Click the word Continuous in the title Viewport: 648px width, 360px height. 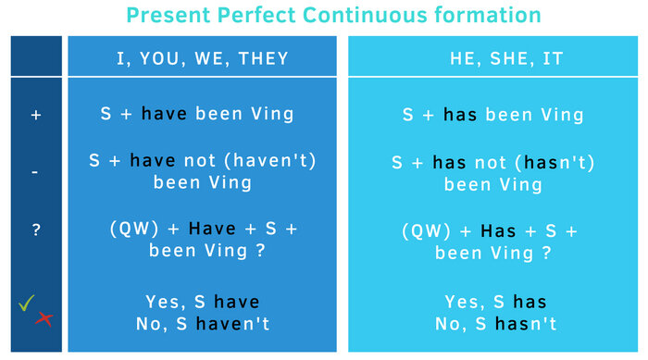click(357, 15)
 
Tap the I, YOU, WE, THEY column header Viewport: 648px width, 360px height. click(202, 58)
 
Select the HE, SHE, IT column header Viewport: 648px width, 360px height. click(493, 58)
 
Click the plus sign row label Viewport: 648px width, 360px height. click(37, 115)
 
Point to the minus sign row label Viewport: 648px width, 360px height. click(36, 172)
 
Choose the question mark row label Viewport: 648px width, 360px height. click(37, 230)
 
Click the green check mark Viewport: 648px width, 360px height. click(26, 303)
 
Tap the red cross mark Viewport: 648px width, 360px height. click(44, 319)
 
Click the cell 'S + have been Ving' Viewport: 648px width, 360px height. click(197, 115)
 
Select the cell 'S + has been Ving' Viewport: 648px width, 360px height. click(493, 116)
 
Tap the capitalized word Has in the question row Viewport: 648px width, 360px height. click(498, 230)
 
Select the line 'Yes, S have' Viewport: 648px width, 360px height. click(202, 302)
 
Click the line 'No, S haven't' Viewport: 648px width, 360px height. click(202, 323)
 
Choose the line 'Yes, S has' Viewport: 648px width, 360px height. click(495, 302)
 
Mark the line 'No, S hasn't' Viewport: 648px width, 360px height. click(495, 323)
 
